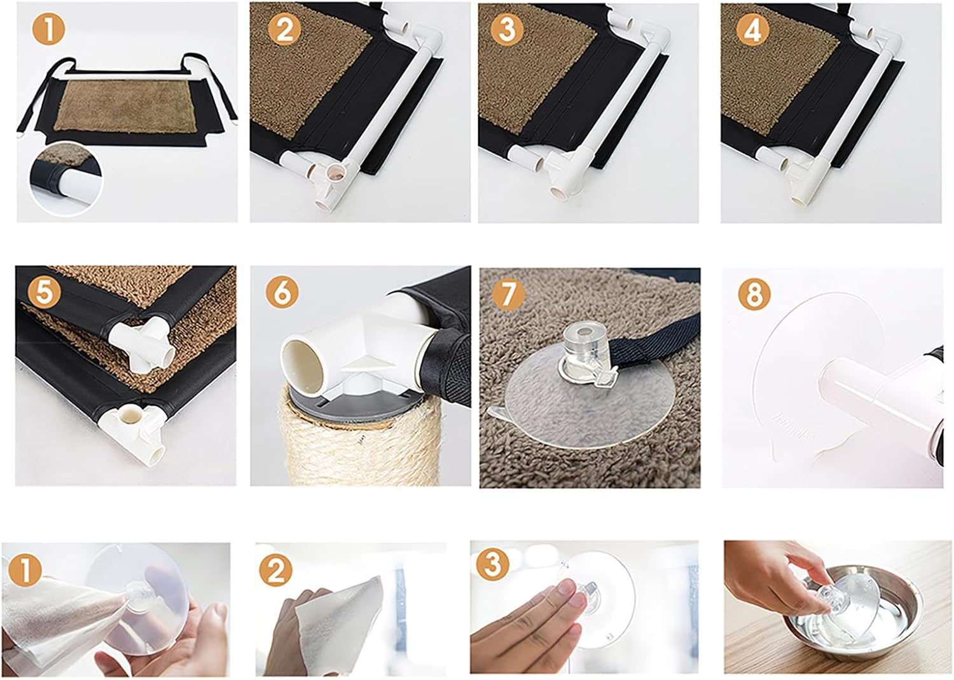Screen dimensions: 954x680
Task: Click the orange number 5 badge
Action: point(43,293)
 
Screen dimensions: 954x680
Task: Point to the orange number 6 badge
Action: point(282,293)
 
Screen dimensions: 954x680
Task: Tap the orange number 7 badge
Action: point(508,293)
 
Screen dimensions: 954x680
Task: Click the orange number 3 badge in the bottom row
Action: point(493,564)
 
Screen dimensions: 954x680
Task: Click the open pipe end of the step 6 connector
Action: point(304,368)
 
